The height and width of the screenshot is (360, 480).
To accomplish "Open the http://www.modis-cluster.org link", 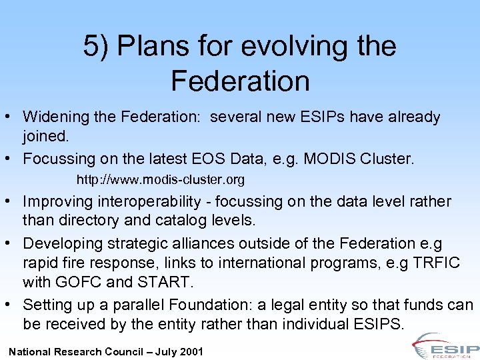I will click(x=161, y=180).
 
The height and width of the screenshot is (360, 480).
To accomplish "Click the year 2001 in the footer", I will click(x=191, y=351).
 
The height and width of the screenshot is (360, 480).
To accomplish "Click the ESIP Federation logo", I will click(x=445, y=347).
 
